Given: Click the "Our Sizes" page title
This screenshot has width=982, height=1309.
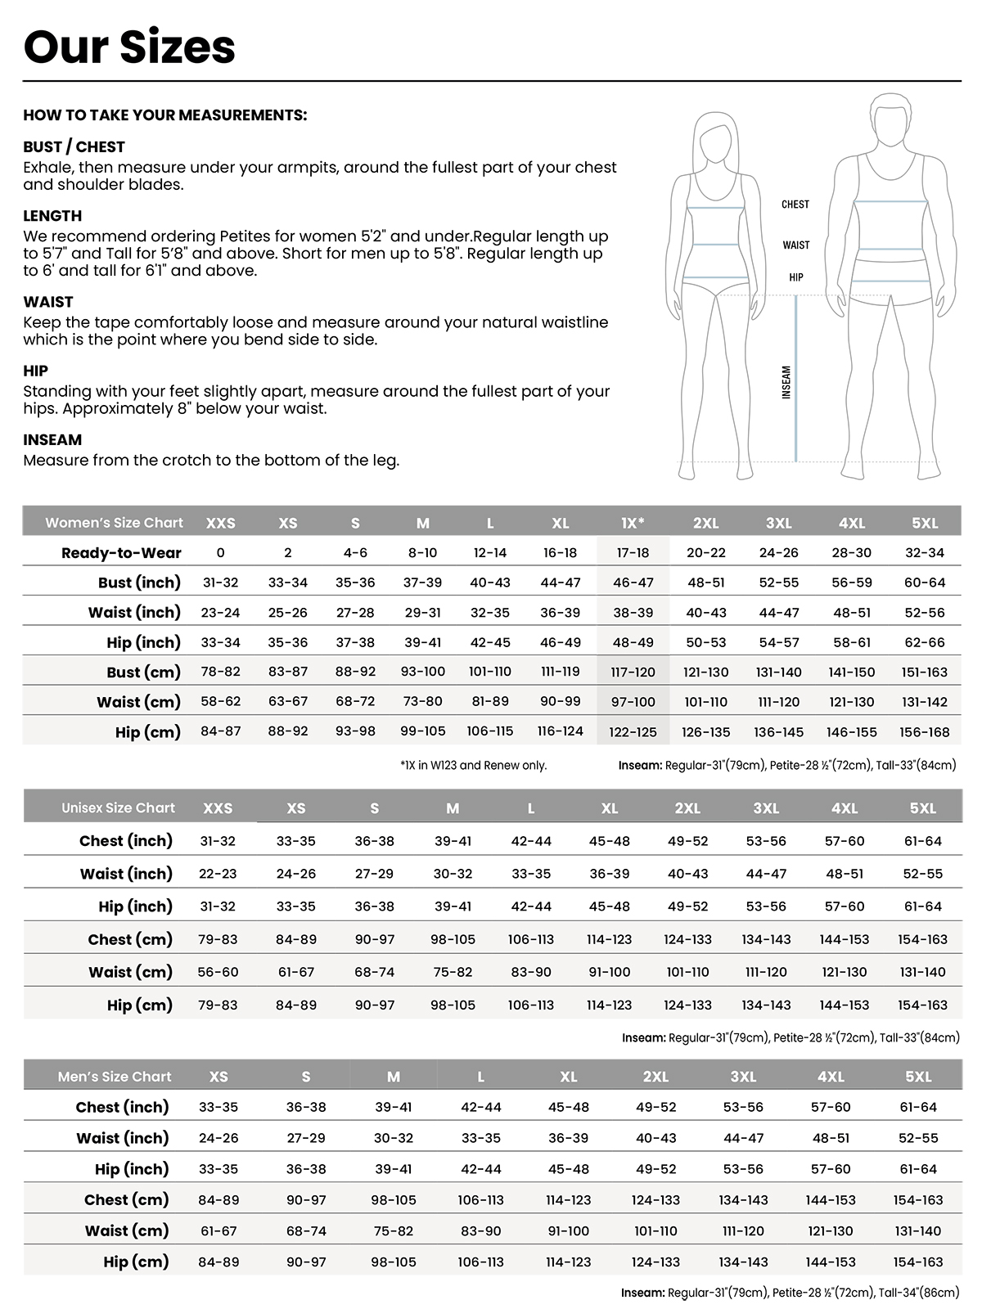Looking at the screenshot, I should click(129, 47).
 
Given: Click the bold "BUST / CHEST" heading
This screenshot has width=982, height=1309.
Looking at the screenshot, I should click(74, 147).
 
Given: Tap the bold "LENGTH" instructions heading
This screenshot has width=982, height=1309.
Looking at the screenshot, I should click(52, 216).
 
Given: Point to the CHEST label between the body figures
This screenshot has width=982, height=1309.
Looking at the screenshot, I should click(795, 205).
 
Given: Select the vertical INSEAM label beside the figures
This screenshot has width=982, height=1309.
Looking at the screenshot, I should click(786, 382).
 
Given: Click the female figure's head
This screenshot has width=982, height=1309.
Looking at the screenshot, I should click(717, 135).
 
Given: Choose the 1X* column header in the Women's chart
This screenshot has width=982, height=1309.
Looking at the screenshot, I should click(633, 523).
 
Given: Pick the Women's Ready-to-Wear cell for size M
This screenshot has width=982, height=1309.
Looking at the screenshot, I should click(422, 553).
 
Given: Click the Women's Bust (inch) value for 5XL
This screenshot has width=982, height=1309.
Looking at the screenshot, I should click(925, 583).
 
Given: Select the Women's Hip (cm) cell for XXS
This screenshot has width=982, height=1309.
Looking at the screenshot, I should click(221, 731).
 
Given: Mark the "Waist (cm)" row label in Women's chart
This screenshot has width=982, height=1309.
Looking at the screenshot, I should click(138, 702).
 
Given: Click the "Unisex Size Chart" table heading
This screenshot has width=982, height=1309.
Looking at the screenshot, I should click(118, 807).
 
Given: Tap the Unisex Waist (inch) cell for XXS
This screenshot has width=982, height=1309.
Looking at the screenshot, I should click(218, 874).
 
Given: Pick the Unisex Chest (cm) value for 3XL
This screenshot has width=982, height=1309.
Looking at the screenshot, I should click(766, 939).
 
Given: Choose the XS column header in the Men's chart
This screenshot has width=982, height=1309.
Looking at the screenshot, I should click(218, 1077).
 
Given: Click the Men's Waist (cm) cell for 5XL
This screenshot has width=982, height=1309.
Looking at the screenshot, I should click(918, 1231).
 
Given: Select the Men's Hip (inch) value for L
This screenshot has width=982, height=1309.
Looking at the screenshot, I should click(481, 1169).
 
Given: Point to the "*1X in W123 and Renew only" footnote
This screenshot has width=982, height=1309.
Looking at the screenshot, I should click(473, 766).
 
